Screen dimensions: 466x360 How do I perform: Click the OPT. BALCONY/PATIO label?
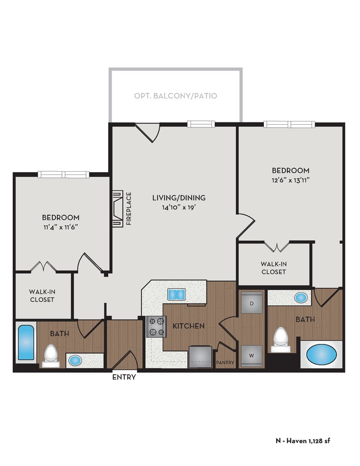[176, 96]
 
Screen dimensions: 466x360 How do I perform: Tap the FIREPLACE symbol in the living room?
[117, 209]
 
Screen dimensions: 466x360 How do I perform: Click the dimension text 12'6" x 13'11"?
[290, 180]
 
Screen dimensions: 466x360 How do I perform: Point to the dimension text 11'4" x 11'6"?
[60, 227]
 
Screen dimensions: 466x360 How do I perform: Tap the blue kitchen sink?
[176, 294]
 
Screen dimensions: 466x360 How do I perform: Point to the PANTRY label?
[225, 363]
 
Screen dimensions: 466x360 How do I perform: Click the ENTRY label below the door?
[124, 378]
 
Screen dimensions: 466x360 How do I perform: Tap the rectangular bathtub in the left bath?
[25, 342]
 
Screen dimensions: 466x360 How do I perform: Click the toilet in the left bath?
[51, 355]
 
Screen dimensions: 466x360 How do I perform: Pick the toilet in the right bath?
[282, 339]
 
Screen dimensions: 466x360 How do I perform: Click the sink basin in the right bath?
[300, 298]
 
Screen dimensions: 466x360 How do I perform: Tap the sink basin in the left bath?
[75, 361]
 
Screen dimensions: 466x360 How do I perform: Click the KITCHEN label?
[189, 326]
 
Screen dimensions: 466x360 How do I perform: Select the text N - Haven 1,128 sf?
[303, 441]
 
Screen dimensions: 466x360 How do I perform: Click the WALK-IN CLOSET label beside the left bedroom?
[42, 295]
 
